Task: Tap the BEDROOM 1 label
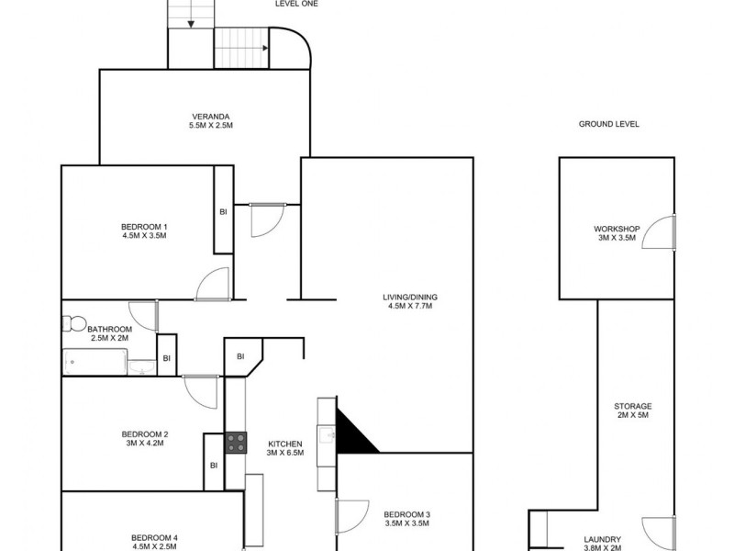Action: [144, 227]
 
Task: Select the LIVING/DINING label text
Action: [410, 297]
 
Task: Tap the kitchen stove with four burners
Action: [236, 443]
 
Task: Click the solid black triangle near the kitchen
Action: [352, 433]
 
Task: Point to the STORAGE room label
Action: [633, 406]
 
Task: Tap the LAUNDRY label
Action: [603, 539]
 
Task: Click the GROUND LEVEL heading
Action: [609, 124]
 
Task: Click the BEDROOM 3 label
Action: [407, 513]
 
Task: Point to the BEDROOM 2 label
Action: [144, 434]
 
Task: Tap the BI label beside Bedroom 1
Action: [223, 211]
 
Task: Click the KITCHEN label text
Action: [285, 444]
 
